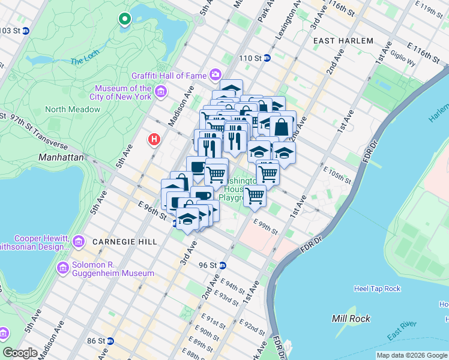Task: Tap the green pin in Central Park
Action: point(125,19)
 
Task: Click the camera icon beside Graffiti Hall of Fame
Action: point(215,75)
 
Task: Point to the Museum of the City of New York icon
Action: point(160,92)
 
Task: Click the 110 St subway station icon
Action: point(267,58)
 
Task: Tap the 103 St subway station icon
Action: point(26,31)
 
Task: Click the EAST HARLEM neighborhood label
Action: point(343,41)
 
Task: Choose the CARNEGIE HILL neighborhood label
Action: point(125,241)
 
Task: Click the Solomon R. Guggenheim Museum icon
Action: point(62,267)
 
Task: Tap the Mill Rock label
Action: point(351,319)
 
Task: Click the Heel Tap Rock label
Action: point(377,289)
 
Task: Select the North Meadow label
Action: point(73,109)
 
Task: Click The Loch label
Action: point(84,61)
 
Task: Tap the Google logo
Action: point(20,353)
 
